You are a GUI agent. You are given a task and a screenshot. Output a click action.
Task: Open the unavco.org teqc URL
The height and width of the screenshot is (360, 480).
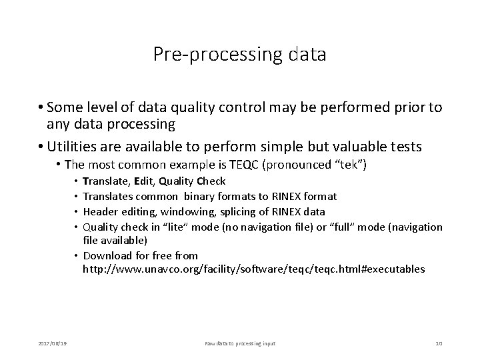click(253, 269)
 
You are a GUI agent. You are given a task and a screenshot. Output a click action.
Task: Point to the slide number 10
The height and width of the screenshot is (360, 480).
click(439, 343)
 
